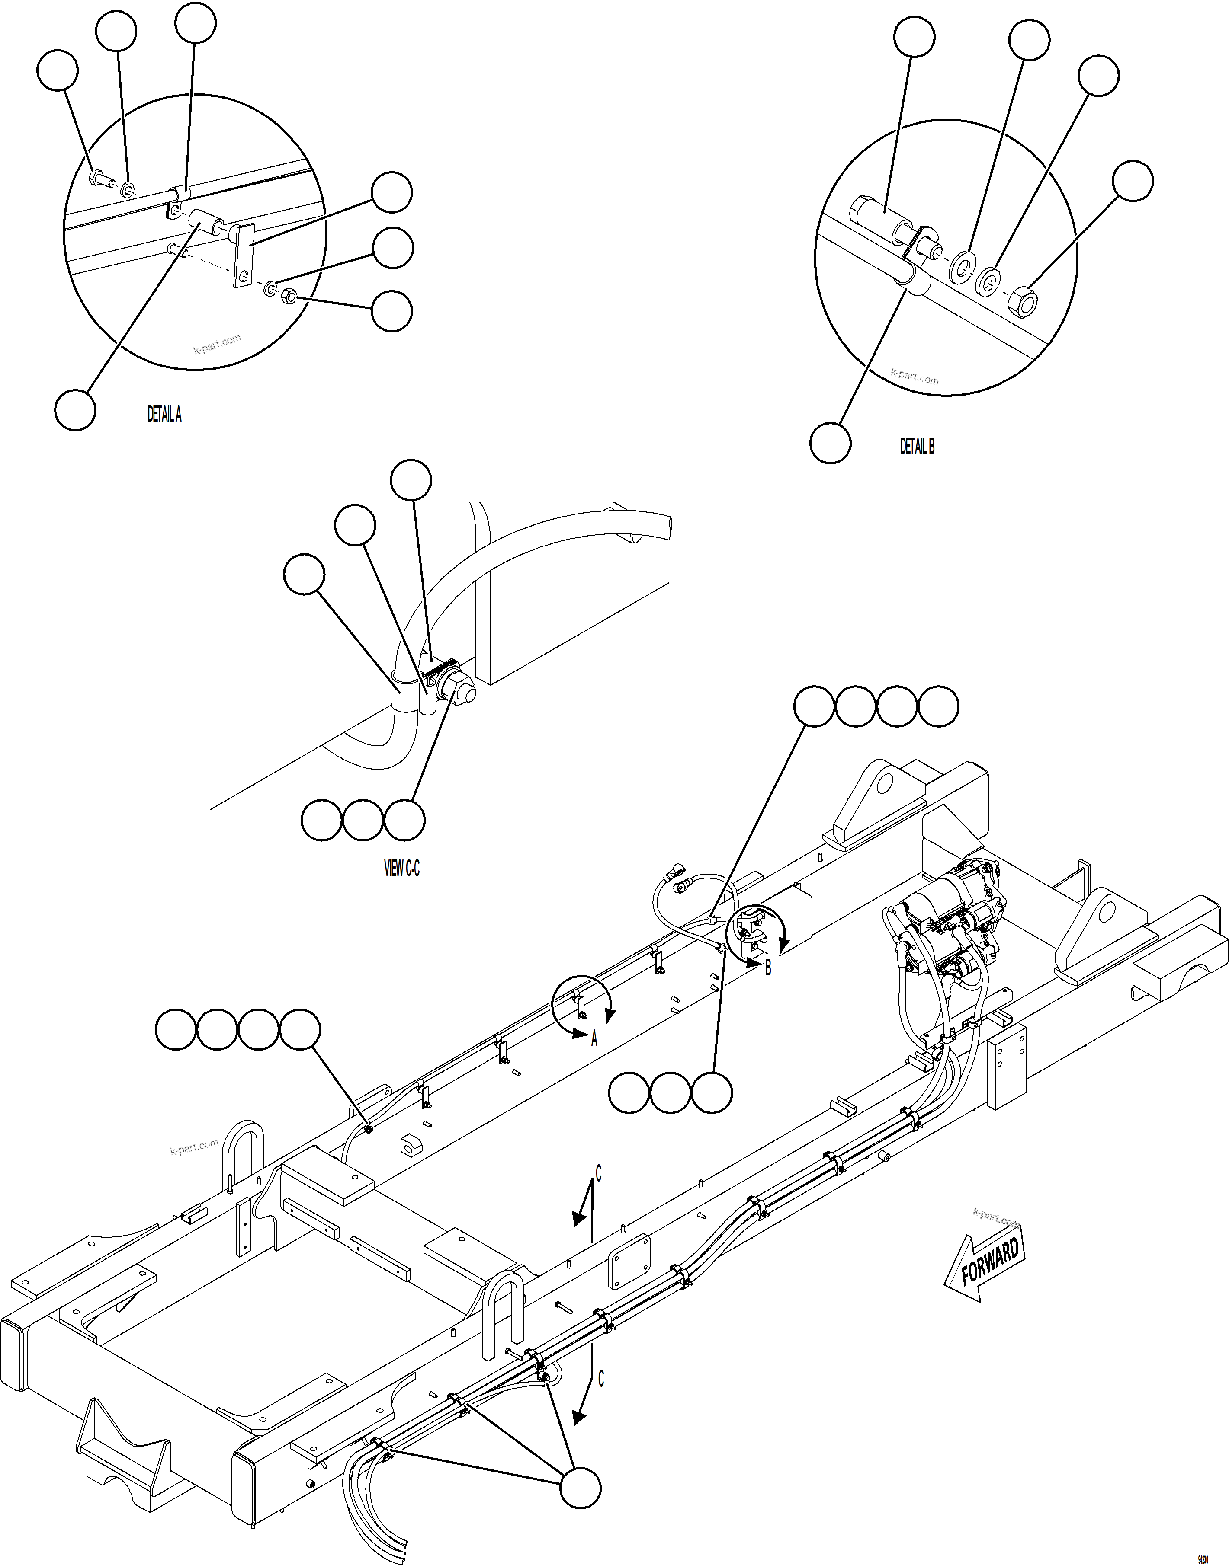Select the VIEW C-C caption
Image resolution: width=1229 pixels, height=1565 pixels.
pyautogui.click(x=401, y=869)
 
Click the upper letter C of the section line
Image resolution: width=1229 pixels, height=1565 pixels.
pyautogui.click(x=599, y=1175)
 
